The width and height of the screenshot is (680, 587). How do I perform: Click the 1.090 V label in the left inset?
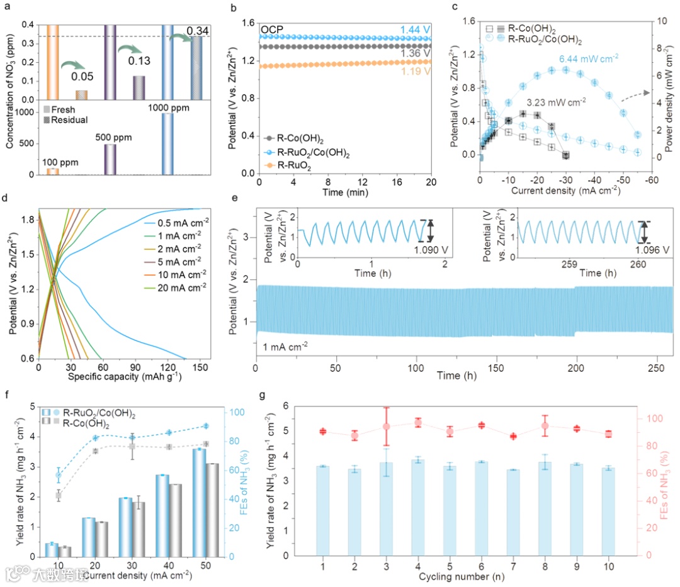tap(430, 249)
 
